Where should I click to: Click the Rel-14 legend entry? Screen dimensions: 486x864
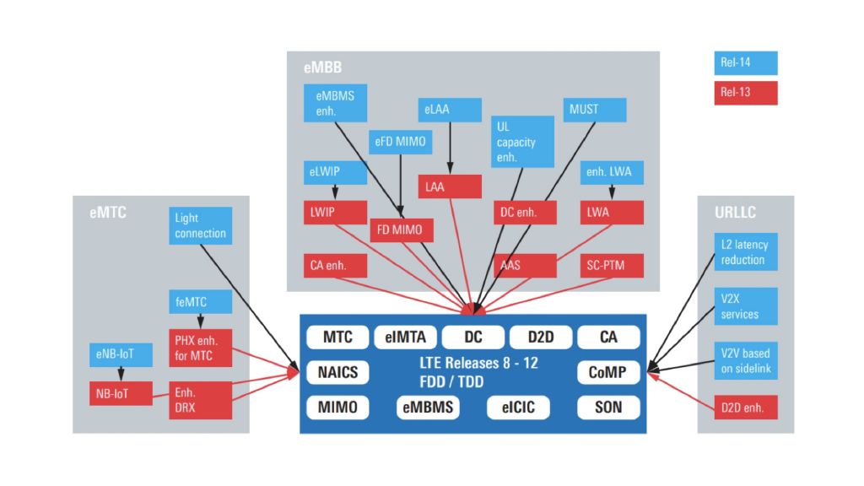click(745, 63)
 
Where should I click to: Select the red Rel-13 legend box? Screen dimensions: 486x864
click(745, 93)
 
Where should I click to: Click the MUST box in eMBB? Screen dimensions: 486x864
click(595, 110)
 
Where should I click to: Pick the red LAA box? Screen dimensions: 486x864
click(450, 186)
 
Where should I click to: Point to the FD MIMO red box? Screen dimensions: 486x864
click(402, 229)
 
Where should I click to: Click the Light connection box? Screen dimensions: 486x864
click(199, 225)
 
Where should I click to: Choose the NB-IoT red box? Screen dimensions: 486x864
click(121, 393)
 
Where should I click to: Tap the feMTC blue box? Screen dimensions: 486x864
click(199, 301)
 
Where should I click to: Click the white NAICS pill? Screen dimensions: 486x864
click(337, 372)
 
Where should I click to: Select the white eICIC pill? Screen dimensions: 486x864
click(518, 408)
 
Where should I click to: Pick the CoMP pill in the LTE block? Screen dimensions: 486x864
click(608, 372)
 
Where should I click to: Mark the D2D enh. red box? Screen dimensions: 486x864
click(745, 408)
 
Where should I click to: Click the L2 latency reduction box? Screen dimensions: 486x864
click(745, 252)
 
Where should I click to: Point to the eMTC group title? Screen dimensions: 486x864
click(108, 213)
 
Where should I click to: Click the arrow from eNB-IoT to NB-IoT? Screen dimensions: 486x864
click(121, 374)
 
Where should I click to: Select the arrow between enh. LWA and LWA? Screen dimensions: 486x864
click(612, 192)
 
